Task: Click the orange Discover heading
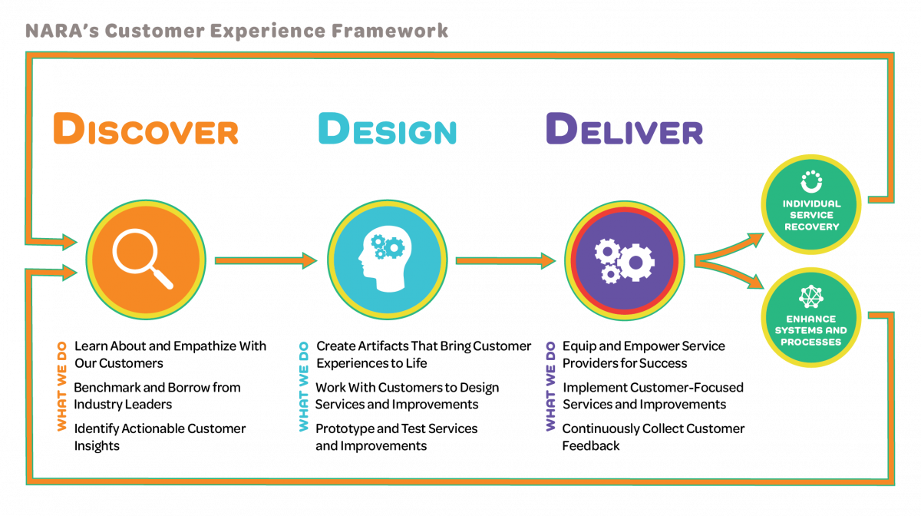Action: coord(145,129)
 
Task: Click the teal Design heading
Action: coord(387,129)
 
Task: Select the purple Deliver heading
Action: coord(624,129)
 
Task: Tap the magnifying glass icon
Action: coord(144,260)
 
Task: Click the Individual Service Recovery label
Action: coord(811,215)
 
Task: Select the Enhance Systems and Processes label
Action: coord(811,330)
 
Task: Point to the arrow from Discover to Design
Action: coord(266,261)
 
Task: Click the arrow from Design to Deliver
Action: coord(505,261)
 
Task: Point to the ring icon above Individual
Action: coord(811,182)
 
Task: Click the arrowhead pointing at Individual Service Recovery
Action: coord(757,237)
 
